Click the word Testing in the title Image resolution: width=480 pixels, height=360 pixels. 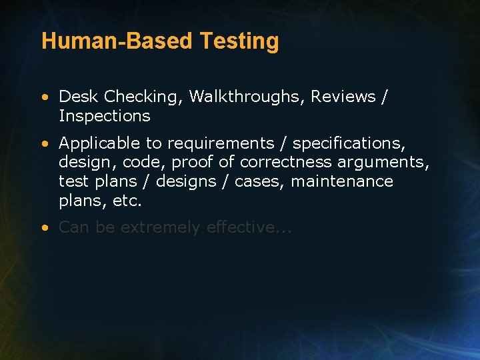[239, 41]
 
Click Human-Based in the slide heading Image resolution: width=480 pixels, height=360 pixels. [117, 41]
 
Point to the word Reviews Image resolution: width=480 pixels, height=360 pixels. [344, 97]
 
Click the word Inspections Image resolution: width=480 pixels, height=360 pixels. [105, 116]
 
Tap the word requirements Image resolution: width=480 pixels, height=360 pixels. [221, 143]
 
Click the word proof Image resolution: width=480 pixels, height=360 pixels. [190, 163]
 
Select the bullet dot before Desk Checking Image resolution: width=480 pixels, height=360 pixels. [44, 97]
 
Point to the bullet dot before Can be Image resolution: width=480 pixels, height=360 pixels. [44, 228]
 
